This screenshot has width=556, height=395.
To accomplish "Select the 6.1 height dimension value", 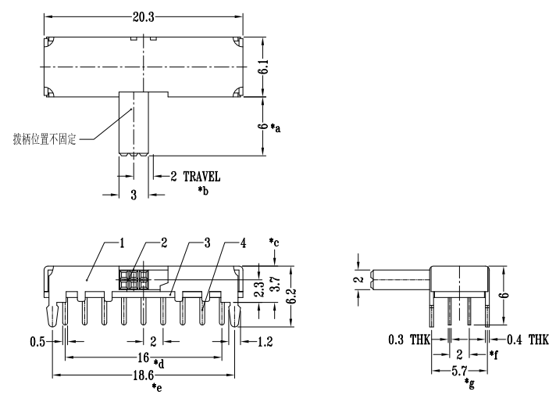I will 265,66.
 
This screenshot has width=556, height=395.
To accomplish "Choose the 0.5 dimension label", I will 37,341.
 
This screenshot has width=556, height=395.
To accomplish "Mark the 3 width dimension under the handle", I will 134,195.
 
